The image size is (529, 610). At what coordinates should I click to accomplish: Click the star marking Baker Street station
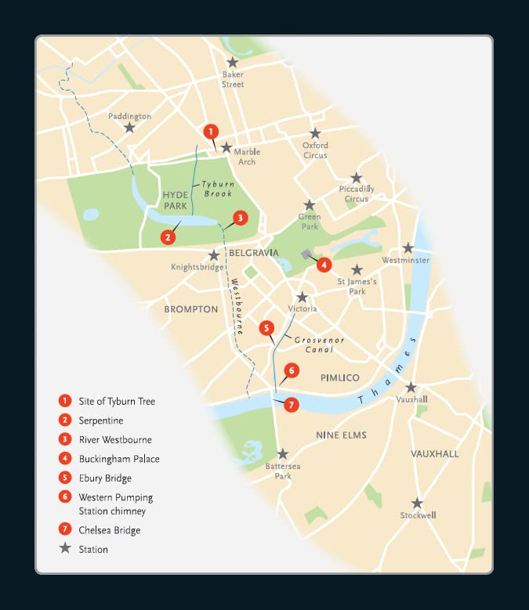point(232,63)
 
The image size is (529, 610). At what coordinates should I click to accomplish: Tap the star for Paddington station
point(130,128)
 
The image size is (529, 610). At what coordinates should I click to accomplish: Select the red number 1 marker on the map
point(210,132)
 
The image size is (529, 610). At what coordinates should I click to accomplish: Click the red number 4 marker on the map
point(323,265)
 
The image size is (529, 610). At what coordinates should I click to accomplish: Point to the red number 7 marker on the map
point(292,405)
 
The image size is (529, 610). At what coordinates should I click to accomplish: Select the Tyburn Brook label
point(219,189)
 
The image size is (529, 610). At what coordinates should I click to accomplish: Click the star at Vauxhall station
point(411,387)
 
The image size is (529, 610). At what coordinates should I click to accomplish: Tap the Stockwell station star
point(417,504)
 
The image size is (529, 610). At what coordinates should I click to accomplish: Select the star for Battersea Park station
point(283,454)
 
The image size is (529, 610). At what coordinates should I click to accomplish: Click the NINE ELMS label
point(341,435)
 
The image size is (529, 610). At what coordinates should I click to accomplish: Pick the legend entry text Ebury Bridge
point(105,478)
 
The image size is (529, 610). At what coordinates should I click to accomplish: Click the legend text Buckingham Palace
point(119,459)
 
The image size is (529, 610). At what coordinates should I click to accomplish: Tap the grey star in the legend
point(64,549)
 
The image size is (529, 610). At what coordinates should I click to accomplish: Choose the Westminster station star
point(408,247)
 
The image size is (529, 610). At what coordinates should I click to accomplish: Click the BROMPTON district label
point(191,309)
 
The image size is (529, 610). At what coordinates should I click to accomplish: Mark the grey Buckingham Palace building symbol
point(306,254)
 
